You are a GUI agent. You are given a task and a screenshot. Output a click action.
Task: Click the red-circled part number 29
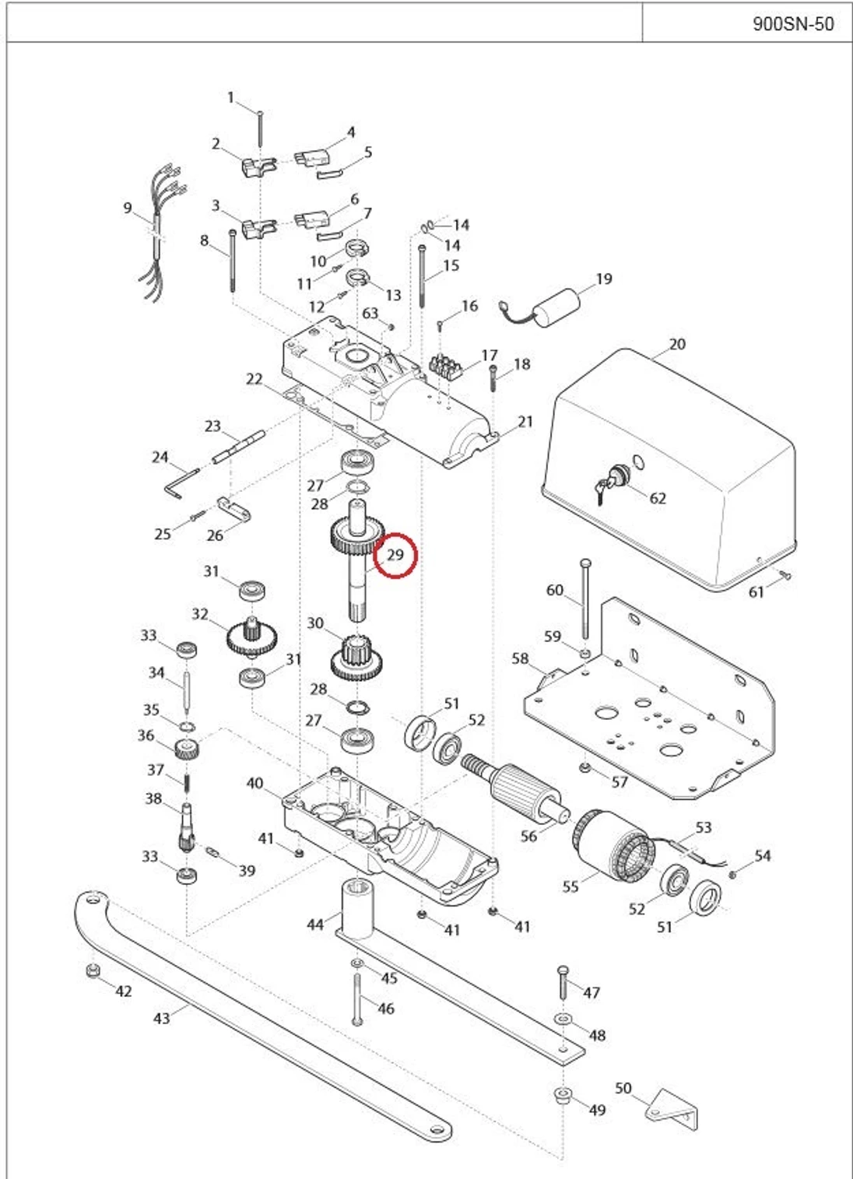tap(395, 555)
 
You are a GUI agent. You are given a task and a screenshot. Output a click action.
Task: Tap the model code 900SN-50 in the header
tap(793, 23)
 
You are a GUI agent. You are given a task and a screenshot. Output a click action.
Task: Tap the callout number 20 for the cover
tap(677, 344)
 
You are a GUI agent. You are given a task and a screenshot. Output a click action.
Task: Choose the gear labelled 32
tap(252, 636)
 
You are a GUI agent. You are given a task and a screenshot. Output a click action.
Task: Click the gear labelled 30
tap(356, 658)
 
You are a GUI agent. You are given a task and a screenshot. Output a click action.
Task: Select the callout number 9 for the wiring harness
tap(128, 208)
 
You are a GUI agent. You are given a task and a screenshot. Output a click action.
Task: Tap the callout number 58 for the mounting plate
tap(520, 658)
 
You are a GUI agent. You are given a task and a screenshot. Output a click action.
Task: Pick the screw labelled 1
tap(260, 129)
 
